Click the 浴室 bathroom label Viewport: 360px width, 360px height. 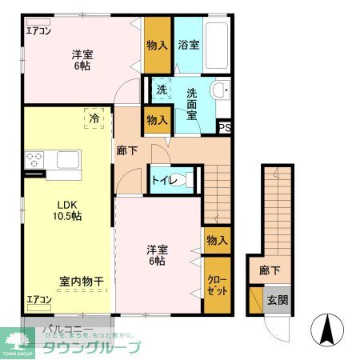click(190, 45)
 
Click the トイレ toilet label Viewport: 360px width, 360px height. click(164, 180)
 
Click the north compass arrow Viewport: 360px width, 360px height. click(329, 329)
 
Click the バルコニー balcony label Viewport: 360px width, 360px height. click(63, 329)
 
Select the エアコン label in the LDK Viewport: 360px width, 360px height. click(38, 300)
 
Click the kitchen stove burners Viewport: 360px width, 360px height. click(34, 159)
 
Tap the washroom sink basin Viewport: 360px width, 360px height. click(222, 90)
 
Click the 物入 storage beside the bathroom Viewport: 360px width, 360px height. click(157, 45)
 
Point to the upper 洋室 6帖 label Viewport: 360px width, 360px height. click(80, 60)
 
